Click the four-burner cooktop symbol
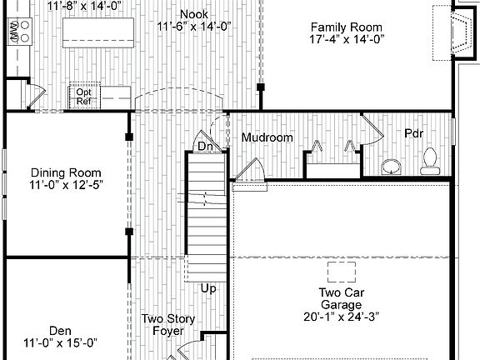(19, 32)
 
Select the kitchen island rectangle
(98, 30)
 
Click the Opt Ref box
(83, 96)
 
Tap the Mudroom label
(267, 137)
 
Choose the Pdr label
(414, 133)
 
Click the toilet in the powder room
(430, 160)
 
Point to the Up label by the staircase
(209, 288)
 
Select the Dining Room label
(67, 172)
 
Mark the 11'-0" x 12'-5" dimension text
(67, 185)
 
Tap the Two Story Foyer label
(167, 324)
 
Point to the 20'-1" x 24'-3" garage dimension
(342, 316)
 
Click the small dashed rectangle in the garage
(342, 272)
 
